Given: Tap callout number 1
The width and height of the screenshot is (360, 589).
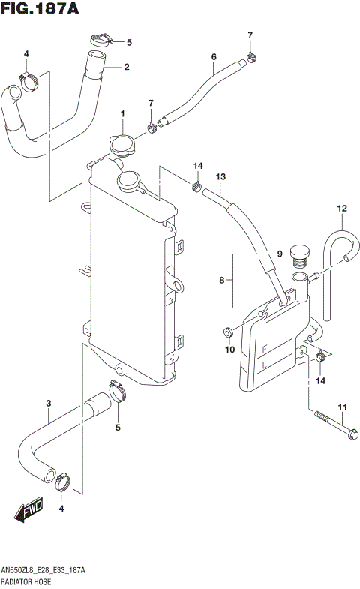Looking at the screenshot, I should coord(121,113).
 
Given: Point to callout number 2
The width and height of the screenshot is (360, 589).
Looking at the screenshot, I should coord(126,67).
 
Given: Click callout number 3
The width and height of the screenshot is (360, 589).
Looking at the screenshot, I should coord(48,404).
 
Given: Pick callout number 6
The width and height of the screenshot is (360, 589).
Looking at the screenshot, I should coord(214,57).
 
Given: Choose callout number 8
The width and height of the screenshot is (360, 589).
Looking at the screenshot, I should coord(222,281).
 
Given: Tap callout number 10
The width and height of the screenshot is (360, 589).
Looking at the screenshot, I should coord(229,349).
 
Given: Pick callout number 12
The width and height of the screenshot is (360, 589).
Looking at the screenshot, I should coord(342,208).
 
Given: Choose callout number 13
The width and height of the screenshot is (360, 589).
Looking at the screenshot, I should coord(220,176).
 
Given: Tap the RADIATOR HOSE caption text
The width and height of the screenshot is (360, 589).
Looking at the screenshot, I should coord(27,581).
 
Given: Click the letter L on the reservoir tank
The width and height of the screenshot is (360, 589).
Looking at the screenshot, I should coord(265,366).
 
